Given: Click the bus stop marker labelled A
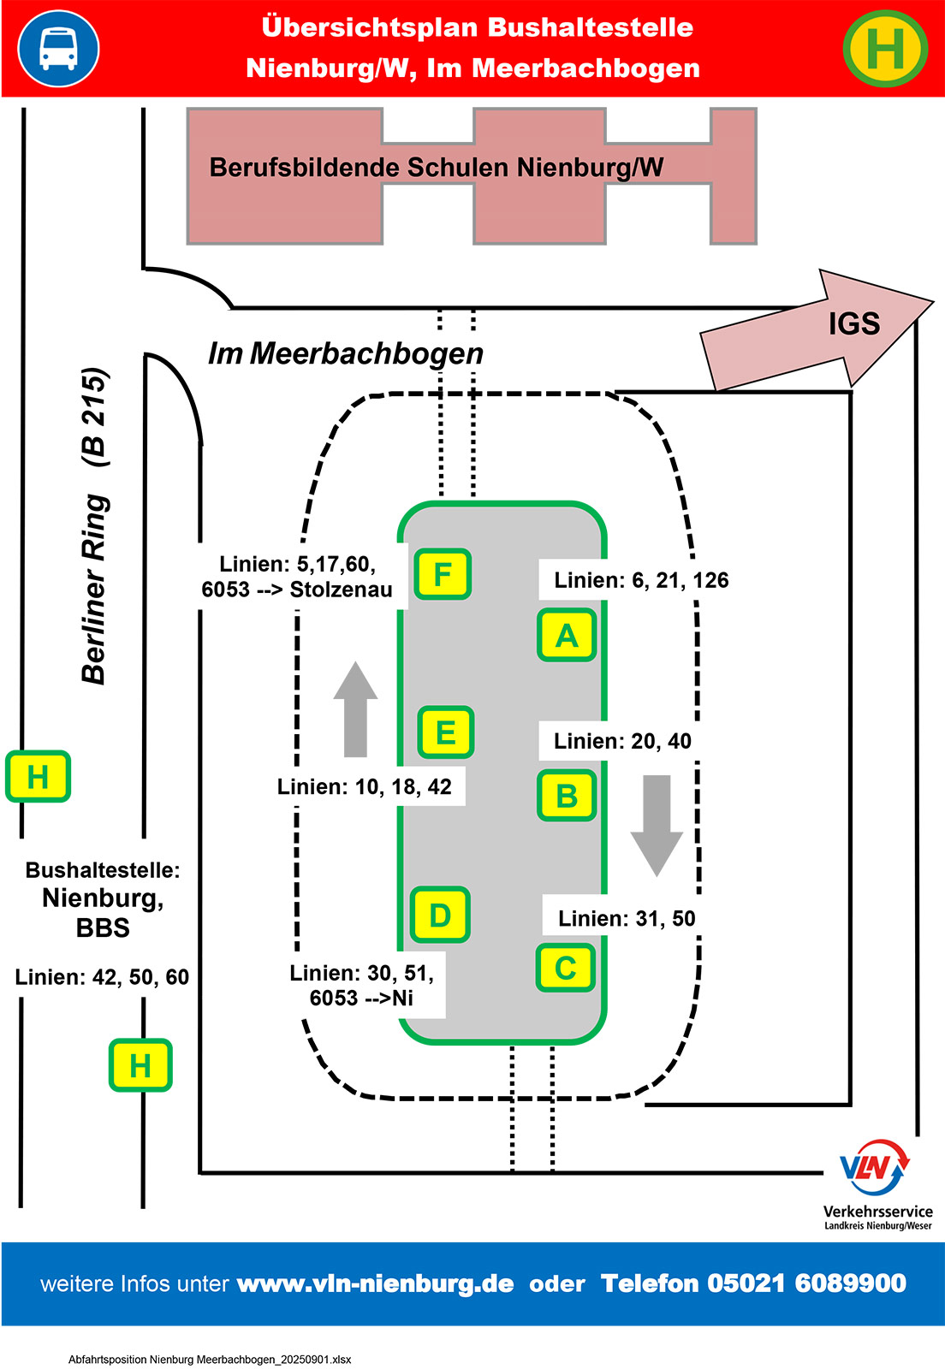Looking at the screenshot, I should (567, 636).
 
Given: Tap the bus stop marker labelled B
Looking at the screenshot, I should (567, 796).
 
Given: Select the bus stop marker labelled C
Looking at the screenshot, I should (565, 968).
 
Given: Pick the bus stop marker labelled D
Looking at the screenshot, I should (440, 915).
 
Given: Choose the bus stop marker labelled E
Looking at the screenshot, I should (445, 732).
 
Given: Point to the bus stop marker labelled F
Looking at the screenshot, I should (443, 573).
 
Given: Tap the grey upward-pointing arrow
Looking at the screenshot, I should (355, 709).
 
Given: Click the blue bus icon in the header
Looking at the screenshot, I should (58, 48).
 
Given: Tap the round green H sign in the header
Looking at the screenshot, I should (885, 48).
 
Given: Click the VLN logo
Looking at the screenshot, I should (875, 1168).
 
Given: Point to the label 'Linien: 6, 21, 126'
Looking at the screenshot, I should (641, 580).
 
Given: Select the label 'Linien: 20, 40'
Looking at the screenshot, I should (622, 741).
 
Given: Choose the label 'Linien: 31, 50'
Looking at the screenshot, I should (627, 918).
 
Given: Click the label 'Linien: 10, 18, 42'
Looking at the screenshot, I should (365, 786).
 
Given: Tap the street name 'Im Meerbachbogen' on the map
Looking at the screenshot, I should (346, 353).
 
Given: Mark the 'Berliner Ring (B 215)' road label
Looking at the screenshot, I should (95, 525).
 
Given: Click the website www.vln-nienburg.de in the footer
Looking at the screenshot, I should (375, 1283).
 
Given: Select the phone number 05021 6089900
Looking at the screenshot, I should (806, 1283).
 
